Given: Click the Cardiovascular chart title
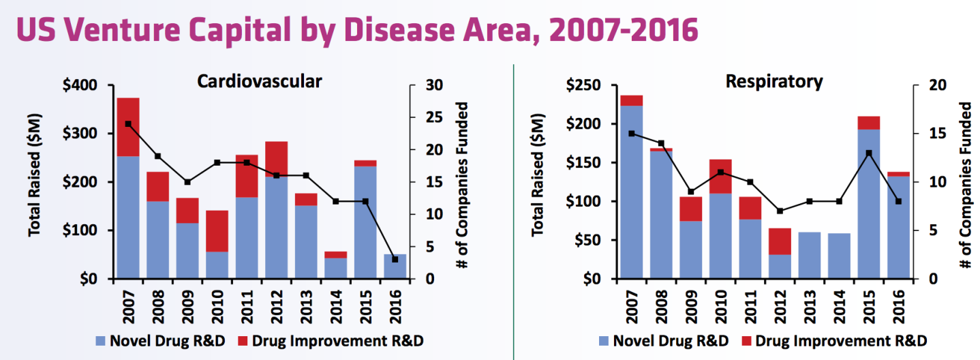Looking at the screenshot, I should coord(259,81).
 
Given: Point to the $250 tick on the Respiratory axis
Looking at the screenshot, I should coord(585,85).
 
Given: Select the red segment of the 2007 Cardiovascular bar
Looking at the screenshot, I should coord(128,127).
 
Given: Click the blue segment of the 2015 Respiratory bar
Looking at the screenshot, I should coord(869,204).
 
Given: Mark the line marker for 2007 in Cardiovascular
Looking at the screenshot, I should coord(128,124).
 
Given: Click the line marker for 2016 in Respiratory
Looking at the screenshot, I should coord(898,201).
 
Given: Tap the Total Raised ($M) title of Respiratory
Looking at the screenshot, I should coord(538,182).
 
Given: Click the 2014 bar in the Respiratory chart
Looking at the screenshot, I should coord(839,256).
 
